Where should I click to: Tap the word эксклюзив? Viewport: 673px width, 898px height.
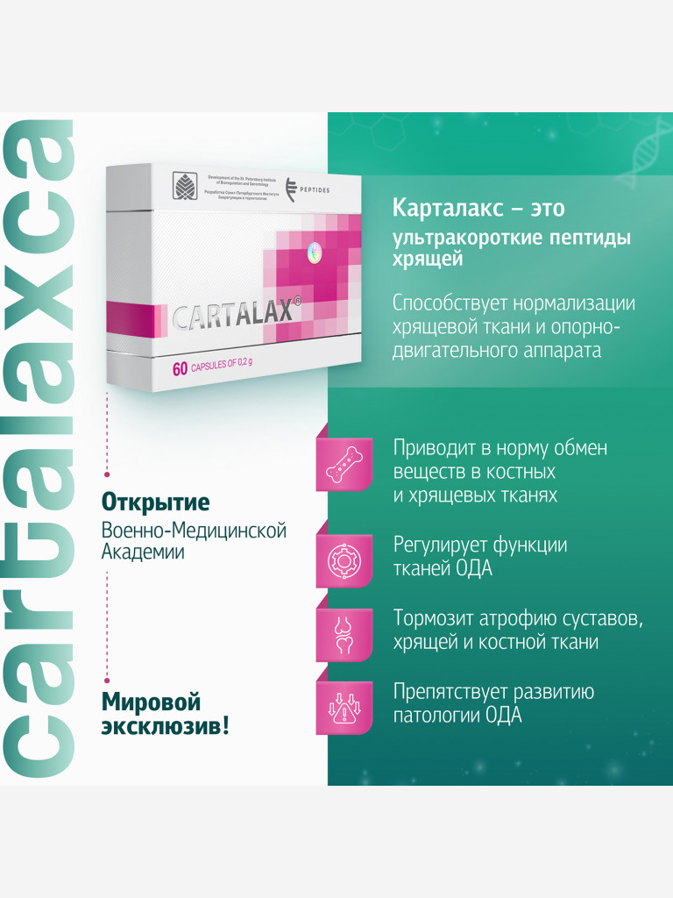pos(165,727)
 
